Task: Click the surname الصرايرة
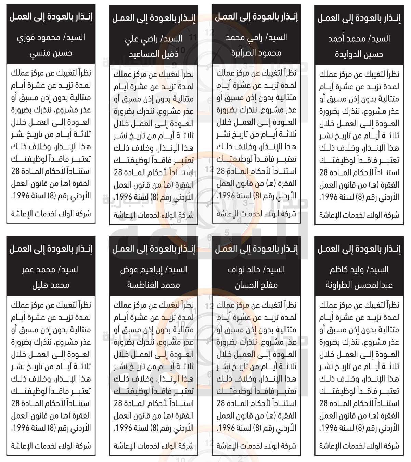click(245, 53)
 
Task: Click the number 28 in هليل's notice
click(16, 403)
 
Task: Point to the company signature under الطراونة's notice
click(359, 446)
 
